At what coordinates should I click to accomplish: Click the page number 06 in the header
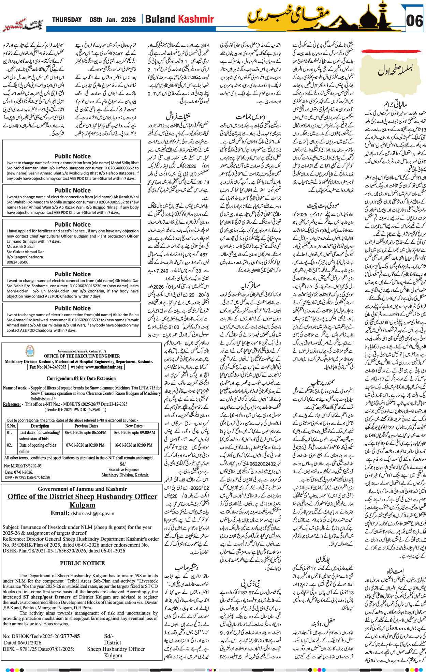pyautogui.click(x=414, y=21)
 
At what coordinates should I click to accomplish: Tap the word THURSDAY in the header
pyautogui.click(x=67, y=20)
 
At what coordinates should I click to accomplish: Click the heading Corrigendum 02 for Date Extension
pyautogui.click(x=81, y=378)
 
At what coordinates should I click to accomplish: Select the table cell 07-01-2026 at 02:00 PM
pyautogui.click(x=85, y=445)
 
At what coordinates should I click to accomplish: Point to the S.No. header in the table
pyautogui.click(x=11, y=426)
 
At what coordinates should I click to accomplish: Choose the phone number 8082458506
pyautogui.click(x=17, y=262)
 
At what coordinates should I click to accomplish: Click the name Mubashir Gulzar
pyautogui.click(x=21, y=246)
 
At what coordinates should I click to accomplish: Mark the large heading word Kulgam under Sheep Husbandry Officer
pyautogui.click(x=82, y=505)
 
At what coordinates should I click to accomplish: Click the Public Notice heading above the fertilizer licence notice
pyautogui.click(x=72, y=225)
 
